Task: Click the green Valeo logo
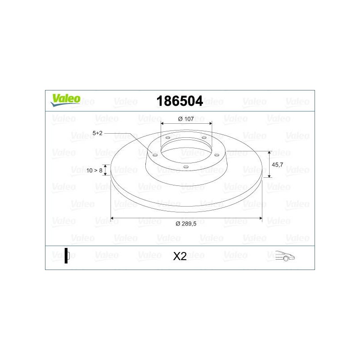coord(65,100)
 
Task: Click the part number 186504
coord(180,101)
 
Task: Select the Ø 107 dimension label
coord(186,119)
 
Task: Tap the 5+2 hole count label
coord(97,133)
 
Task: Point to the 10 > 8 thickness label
coord(94,171)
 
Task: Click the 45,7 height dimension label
coord(277,165)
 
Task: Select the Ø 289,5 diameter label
coord(186,224)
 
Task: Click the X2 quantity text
coord(180,256)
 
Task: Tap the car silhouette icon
coord(285,256)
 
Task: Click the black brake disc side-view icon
coord(67,256)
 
